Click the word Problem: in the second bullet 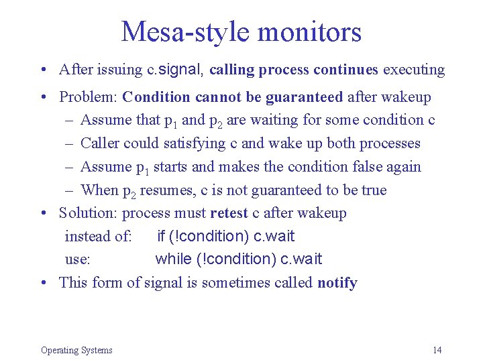coord(89,97)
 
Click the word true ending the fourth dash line coord(374,190)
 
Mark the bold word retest coord(229,213)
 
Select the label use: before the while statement coord(78,259)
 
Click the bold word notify coord(337,282)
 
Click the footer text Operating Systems coord(76,350)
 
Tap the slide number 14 coord(437,350)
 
